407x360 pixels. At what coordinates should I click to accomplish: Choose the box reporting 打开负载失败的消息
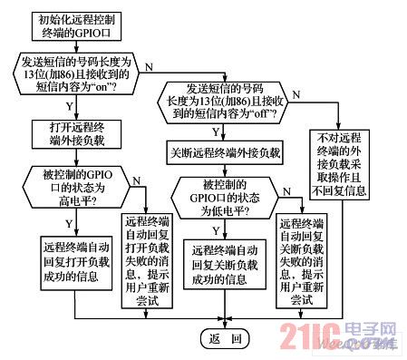tap(149, 255)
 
